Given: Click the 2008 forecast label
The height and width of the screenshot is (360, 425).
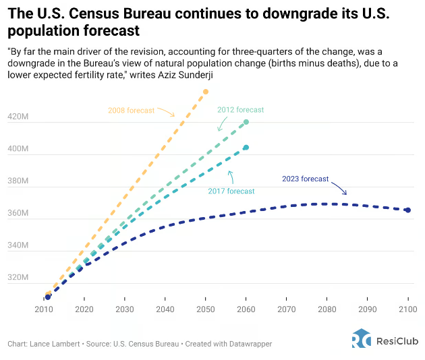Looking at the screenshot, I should [x=132, y=110].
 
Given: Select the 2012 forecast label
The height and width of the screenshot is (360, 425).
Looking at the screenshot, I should [x=240, y=110].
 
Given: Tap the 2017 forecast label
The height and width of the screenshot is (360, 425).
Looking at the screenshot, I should [x=231, y=191].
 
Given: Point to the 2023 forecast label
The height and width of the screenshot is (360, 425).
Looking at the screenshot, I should [x=305, y=179].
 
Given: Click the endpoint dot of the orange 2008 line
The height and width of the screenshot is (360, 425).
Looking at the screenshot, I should [x=206, y=92].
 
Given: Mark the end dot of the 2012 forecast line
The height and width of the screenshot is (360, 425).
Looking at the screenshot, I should [x=246, y=122].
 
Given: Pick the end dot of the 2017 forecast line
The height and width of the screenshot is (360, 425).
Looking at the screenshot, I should [x=246, y=148].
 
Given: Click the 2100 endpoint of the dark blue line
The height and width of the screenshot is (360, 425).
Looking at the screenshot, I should [x=407, y=210].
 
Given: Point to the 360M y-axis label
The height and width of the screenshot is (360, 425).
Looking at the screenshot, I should [x=18, y=214].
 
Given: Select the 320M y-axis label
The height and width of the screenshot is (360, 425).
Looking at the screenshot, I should [x=18, y=278].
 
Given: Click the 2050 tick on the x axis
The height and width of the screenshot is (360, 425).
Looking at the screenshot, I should [x=205, y=309].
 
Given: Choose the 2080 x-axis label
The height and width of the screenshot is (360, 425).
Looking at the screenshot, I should [x=327, y=309].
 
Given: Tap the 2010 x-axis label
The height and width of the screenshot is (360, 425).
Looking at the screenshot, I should [x=43, y=309].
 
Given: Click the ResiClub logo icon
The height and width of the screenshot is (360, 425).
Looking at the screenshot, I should [x=361, y=338].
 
